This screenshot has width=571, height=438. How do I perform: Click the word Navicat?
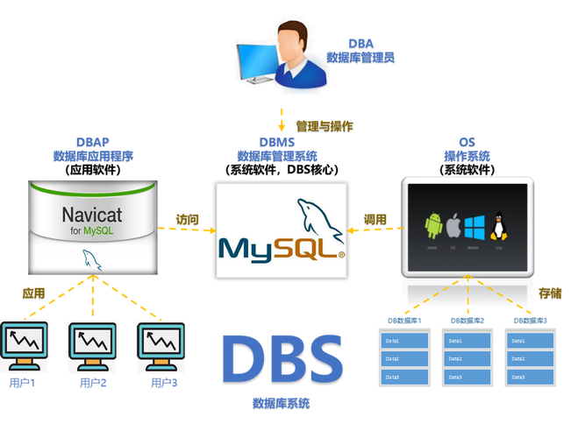click(x=92, y=215)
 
